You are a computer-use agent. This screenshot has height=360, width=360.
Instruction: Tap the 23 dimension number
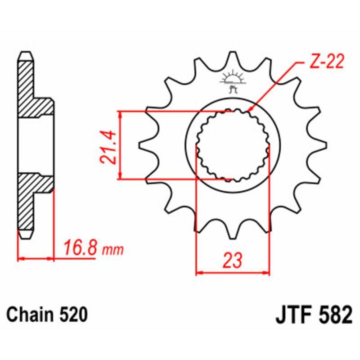pos(233,260)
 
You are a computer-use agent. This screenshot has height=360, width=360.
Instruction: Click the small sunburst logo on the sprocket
pos(233,76)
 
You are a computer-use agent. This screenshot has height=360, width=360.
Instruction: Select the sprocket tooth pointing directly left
pos(145,145)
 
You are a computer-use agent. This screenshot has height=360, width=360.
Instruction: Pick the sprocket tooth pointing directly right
pos(320,145)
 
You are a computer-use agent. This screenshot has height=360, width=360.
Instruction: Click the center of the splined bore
pos(233,145)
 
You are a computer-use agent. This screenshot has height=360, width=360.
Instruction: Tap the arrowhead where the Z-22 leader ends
pos(250,109)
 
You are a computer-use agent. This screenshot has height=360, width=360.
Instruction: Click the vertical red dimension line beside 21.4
pos(120,145)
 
